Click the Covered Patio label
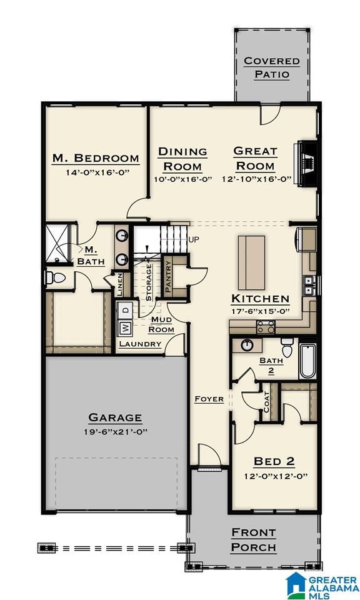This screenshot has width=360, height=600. coord(271,67)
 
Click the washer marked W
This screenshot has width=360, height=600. coord(125,327)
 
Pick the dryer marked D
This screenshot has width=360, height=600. coord(125,309)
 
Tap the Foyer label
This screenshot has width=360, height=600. coord(209,399)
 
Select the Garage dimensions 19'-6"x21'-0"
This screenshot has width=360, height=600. coord(114,432)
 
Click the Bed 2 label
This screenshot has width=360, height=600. coord(274,461)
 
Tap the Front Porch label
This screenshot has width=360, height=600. coord(253,540)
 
